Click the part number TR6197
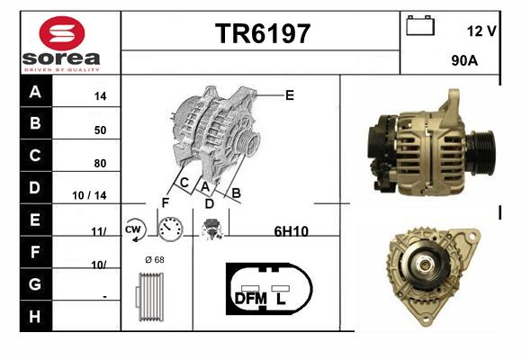[263, 33]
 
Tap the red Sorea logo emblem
[62, 33]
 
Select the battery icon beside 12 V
[420, 25]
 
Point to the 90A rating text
[464, 60]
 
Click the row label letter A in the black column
[35, 91]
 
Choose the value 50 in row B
[100, 130]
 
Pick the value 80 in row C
[100, 163]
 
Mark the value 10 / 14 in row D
[89, 195]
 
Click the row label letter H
[35, 317]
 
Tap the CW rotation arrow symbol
[135, 229]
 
